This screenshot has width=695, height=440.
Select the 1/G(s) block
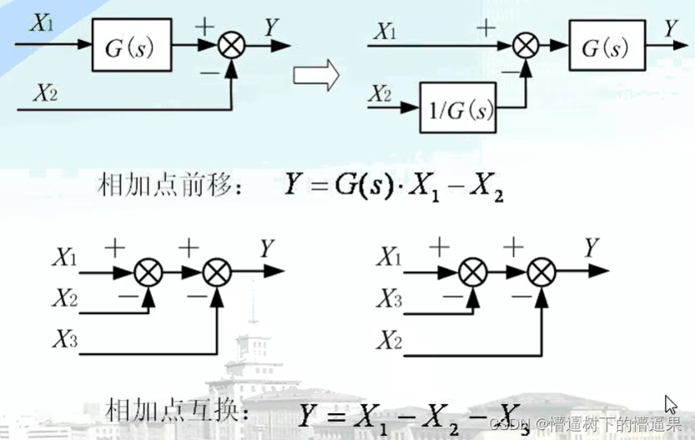click(x=457, y=109)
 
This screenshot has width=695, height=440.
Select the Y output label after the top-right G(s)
click(x=672, y=28)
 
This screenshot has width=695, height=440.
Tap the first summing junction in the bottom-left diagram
click(x=149, y=271)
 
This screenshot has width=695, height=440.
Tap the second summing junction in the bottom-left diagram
click(x=217, y=271)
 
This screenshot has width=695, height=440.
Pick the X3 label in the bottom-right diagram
click(x=389, y=298)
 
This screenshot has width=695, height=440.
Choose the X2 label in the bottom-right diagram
click(x=389, y=339)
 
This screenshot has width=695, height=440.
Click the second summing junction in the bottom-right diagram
click(x=541, y=271)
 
